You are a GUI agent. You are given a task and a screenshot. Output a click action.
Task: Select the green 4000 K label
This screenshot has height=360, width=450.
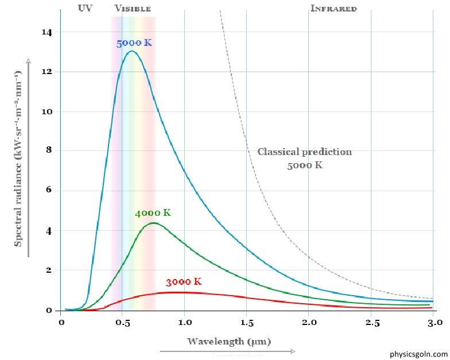(x=153, y=213)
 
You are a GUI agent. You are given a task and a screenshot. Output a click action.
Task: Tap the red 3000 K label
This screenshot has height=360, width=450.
(x=184, y=282)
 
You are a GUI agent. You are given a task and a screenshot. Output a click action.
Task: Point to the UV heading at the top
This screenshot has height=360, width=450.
(x=85, y=9)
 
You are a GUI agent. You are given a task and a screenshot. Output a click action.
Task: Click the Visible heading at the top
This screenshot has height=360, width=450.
(x=133, y=9)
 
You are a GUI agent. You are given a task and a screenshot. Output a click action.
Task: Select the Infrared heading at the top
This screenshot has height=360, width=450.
(x=333, y=9)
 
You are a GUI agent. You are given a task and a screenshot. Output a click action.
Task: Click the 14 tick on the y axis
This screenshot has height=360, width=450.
(x=46, y=32)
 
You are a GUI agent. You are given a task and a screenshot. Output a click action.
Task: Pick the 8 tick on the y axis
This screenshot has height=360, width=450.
(x=49, y=150)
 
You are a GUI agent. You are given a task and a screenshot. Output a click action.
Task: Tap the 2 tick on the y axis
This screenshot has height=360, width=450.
(x=49, y=270)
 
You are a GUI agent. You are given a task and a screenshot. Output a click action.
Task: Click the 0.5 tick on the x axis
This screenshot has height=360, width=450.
(x=122, y=323)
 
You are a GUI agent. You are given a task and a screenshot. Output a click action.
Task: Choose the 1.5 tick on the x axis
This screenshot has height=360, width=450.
(x=246, y=323)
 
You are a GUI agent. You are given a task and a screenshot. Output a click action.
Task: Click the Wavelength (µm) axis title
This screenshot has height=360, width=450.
(x=229, y=342)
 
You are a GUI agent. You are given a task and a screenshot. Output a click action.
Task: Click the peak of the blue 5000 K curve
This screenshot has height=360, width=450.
(x=132, y=51)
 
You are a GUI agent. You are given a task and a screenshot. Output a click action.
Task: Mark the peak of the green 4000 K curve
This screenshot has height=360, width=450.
(x=153, y=223)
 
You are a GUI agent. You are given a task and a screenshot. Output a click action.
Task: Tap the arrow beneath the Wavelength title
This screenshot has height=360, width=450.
(x=228, y=351)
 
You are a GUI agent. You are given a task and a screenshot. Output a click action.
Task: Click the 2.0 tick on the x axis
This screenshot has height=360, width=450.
(x=308, y=323)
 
